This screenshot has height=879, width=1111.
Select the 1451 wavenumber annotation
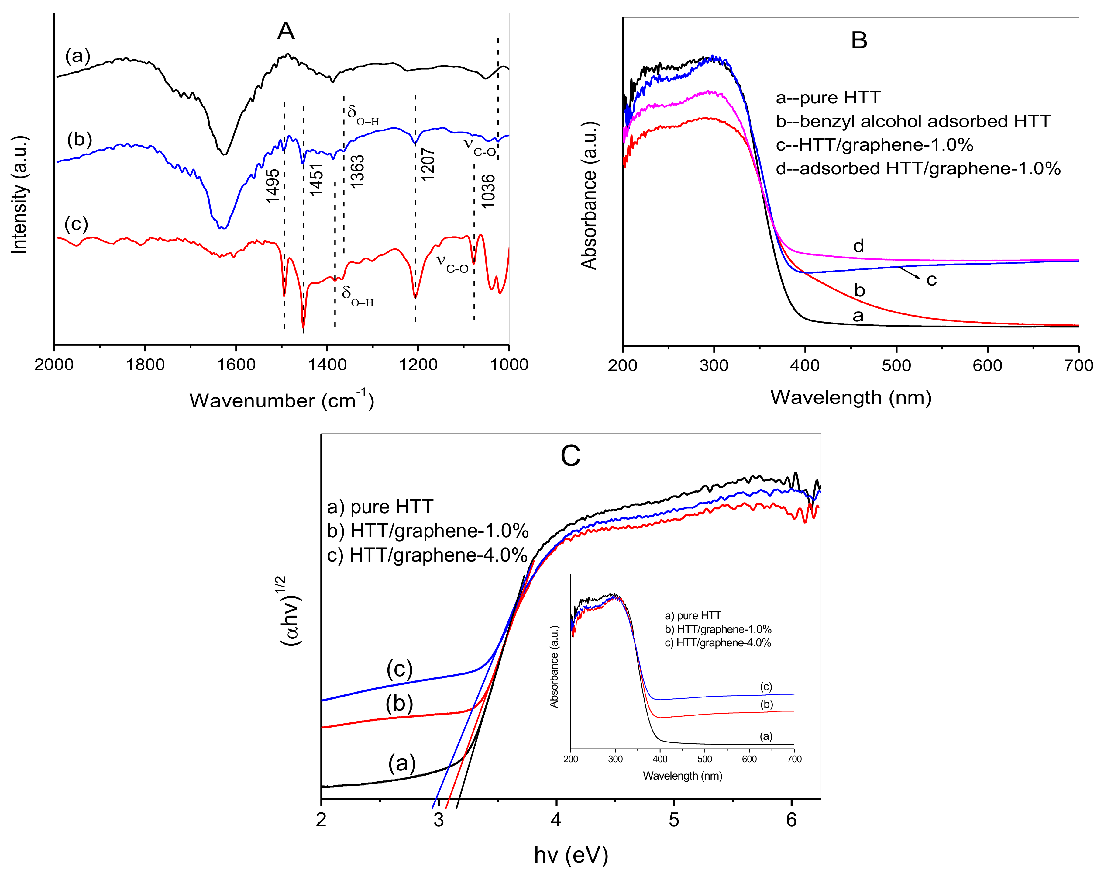pos(316,179)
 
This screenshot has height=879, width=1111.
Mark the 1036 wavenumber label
pos(488,191)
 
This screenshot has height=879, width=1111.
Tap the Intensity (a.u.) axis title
pos(19,195)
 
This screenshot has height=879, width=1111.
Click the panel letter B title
pos(859,40)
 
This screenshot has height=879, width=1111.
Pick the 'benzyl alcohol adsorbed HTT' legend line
pos(913,121)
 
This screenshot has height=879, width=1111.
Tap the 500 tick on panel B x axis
pos(896,365)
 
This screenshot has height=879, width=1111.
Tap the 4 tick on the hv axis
pos(556,819)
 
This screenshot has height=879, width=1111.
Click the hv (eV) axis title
pos(571,855)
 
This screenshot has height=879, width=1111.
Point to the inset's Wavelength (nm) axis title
pos(683,776)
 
